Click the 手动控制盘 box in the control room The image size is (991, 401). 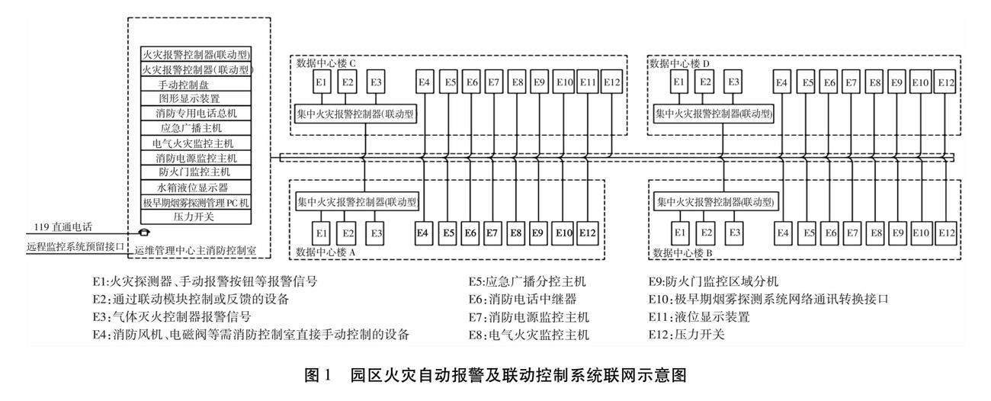(196, 84)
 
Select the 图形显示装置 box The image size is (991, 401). (196, 98)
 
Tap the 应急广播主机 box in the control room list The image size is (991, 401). (196, 128)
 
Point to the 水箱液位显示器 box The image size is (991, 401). (196, 188)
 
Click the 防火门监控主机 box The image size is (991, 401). (196, 172)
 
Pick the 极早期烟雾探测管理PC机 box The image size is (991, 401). (196, 203)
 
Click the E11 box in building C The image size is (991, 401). (588, 82)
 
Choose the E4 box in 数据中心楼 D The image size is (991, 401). (781, 82)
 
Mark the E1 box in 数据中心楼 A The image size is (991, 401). (322, 233)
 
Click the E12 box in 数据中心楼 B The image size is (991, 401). (945, 233)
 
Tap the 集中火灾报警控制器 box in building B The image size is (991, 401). (715, 203)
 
